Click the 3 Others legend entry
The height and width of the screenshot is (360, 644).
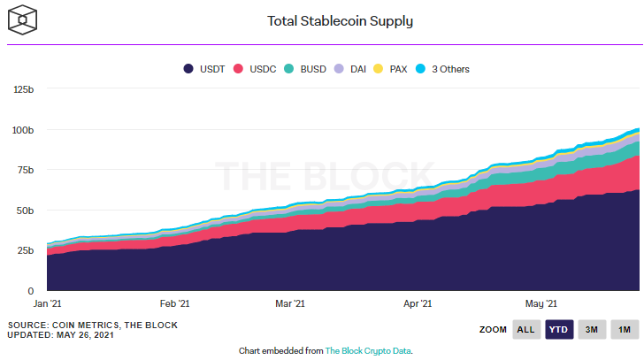[x=444, y=68]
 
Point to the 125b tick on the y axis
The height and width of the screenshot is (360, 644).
[x=23, y=89]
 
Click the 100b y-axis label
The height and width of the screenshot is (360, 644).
[x=23, y=130]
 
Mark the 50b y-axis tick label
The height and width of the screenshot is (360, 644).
[x=26, y=211]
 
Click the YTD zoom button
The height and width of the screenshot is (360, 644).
[x=558, y=329]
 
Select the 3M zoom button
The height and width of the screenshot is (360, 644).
[x=591, y=329]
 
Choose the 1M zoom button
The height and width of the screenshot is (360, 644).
[x=624, y=329]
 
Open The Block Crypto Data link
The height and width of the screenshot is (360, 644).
[x=368, y=351]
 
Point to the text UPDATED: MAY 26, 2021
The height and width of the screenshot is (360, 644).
[x=62, y=334]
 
